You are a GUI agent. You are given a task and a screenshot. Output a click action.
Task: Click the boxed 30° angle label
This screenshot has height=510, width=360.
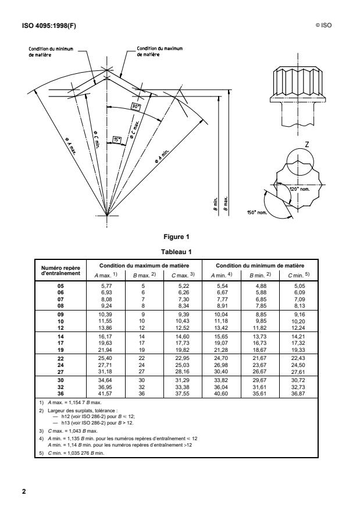135,107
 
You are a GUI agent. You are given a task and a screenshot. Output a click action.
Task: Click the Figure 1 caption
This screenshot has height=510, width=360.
180,237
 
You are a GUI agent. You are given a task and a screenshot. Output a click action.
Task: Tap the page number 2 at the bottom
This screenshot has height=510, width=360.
24,491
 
